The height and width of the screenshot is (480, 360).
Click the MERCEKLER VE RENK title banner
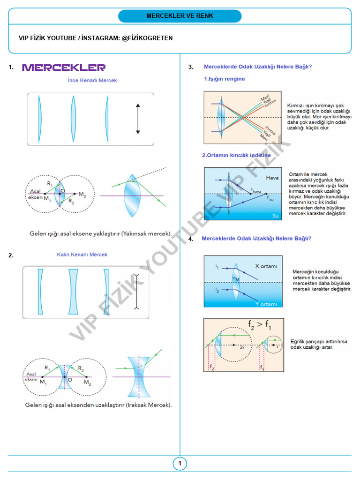[180, 16]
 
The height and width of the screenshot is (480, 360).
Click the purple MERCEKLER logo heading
[64, 67]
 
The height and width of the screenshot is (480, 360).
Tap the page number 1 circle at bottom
[180, 464]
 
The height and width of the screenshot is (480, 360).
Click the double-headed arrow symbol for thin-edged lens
[138, 119]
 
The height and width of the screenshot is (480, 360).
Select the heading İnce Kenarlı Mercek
[92, 80]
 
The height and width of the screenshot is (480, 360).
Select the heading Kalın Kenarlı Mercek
[82, 255]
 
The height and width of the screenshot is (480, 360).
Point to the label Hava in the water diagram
[272, 178]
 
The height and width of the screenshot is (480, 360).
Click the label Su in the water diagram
[275, 215]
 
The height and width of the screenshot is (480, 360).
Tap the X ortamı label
[266, 266]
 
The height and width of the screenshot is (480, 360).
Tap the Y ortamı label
[266, 304]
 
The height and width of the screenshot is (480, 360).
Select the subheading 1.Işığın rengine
[224, 79]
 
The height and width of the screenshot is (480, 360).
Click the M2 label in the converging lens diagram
[82, 194]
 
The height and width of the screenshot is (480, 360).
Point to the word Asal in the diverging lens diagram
[31, 374]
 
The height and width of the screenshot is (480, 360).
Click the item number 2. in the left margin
[11, 255]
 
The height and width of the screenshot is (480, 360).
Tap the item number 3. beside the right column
[191, 67]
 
